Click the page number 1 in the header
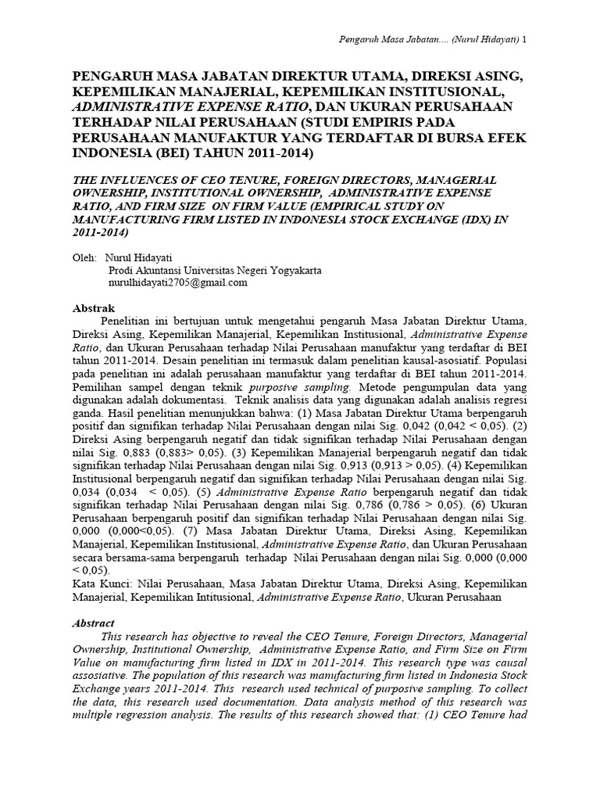coord(524,40)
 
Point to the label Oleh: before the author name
coord(84,257)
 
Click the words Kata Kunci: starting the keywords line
coord(99,584)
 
